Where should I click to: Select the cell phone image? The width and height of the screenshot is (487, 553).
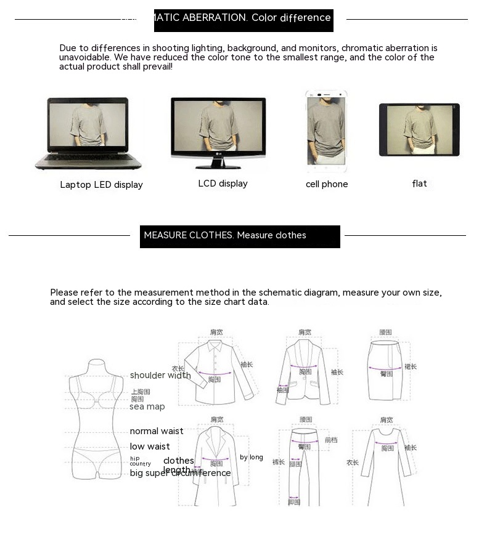(x=326, y=132)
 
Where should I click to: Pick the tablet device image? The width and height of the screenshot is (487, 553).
(x=419, y=130)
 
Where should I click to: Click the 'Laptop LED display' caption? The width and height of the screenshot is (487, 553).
(x=101, y=185)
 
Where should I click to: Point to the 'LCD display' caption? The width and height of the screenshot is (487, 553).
(x=223, y=184)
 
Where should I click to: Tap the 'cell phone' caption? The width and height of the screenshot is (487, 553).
(x=327, y=184)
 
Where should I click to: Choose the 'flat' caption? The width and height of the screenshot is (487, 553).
(x=419, y=184)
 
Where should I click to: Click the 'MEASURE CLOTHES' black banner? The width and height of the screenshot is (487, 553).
(x=240, y=236)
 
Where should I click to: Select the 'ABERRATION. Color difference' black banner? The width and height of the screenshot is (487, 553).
(x=243, y=19)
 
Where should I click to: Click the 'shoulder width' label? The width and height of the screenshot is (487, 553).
(x=160, y=375)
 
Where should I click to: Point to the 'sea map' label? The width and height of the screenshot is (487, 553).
(x=147, y=406)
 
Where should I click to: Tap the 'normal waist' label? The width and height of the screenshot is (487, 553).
(x=157, y=431)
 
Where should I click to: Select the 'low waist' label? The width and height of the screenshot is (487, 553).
(x=150, y=446)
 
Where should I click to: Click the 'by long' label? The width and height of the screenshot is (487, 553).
(x=252, y=457)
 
